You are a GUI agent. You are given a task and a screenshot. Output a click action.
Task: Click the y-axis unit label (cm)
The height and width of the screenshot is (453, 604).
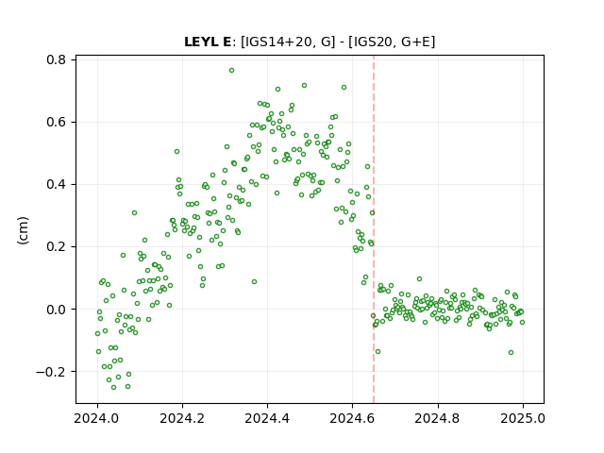point(23,230)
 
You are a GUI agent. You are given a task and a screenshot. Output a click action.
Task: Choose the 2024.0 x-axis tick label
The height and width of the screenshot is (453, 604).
point(97,418)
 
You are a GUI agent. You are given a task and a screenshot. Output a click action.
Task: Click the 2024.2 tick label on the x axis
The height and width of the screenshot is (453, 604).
point(182,418)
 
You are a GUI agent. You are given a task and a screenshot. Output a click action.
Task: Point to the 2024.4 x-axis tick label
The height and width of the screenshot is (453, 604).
point(267,418)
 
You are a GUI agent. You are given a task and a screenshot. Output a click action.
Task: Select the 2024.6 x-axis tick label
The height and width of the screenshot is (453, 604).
point(352,418)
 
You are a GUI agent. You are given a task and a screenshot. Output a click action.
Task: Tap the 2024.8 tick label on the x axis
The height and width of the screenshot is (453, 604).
point(438,418)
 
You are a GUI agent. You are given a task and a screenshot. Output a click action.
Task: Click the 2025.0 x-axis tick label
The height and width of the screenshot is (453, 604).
point(523,418)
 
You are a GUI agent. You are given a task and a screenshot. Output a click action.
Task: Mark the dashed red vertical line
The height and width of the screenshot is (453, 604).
point(374,229)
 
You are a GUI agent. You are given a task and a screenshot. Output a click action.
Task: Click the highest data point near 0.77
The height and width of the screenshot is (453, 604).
point(231,70)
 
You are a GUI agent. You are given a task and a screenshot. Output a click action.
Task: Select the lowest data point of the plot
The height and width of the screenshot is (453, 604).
point(113,387)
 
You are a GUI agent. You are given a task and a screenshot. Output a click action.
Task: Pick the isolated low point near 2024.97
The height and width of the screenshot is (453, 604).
point(511,352)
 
